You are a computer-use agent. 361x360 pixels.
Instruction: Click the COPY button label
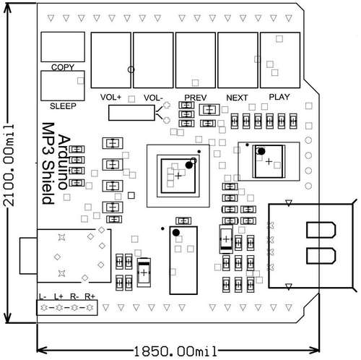pos(63,67)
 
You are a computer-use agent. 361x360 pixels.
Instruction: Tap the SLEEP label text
pos(63,106)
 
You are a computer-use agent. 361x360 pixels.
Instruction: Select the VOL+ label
pos(110,97)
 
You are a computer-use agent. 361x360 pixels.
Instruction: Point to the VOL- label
pos(153,98)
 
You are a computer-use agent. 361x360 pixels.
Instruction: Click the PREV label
pos(196,98)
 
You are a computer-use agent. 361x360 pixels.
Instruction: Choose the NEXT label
pos(237,98)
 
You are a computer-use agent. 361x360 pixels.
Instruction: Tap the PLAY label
pos(279,97)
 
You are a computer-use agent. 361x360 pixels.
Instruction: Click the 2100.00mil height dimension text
pos(9,166)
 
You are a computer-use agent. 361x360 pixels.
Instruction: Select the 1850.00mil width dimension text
pos(175,351)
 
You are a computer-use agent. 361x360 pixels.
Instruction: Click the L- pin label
pos(43,296)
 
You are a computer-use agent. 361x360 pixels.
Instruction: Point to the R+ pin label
pos(90,296)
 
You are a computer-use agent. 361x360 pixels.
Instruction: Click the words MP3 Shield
pos(48,163)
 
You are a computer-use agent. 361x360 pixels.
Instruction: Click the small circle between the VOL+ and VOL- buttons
pos(131,69)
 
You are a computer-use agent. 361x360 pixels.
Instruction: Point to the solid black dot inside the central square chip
pos(189,165)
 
